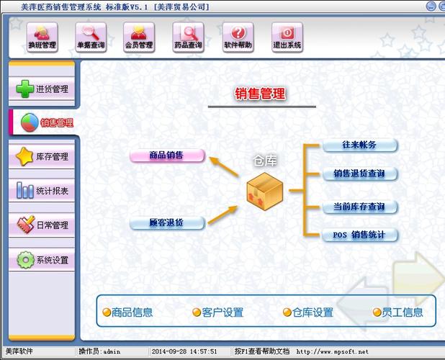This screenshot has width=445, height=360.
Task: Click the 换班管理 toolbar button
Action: point(42,37)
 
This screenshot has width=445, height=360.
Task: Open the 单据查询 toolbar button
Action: point(91,37)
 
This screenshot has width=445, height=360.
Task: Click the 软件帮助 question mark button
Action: point(238,37)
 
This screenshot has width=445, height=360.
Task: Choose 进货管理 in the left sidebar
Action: point(42,89)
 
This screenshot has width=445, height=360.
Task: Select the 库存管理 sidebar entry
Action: point(42,156)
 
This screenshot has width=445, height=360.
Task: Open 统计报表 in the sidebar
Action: point(42,191)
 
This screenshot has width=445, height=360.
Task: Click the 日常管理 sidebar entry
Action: point(42,225)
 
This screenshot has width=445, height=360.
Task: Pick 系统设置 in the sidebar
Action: point(42,259)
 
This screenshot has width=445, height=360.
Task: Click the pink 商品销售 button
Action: point(167,156)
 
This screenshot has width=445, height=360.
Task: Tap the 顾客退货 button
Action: point(167,222)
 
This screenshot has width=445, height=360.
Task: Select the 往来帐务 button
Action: point(359,145)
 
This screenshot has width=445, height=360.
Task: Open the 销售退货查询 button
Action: point(359,174)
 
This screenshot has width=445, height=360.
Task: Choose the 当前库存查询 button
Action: point(359,207)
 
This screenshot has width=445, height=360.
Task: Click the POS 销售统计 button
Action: point(359,235)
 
